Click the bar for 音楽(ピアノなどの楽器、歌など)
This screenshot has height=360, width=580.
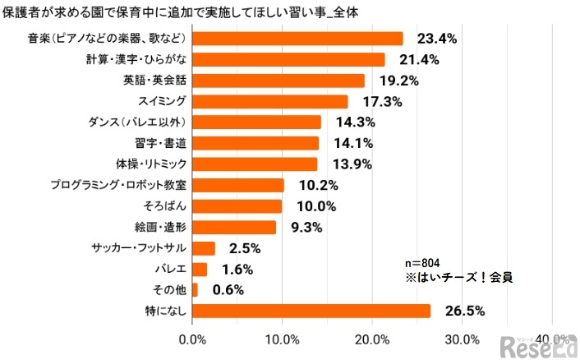point(297,39)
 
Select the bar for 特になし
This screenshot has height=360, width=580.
point(311,311)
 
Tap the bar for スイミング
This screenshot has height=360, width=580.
point(270,101)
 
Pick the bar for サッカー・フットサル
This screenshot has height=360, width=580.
point(204,248)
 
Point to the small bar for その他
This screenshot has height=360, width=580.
point(195,290)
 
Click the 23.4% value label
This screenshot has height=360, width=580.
point(437,39)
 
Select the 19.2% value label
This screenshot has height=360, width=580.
point(398,81)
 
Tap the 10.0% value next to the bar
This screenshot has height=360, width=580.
point(316,206)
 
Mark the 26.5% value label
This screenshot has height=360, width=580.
point(465,311)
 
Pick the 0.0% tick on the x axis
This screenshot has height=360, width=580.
point(193,340)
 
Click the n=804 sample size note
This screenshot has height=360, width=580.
point(423,263)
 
